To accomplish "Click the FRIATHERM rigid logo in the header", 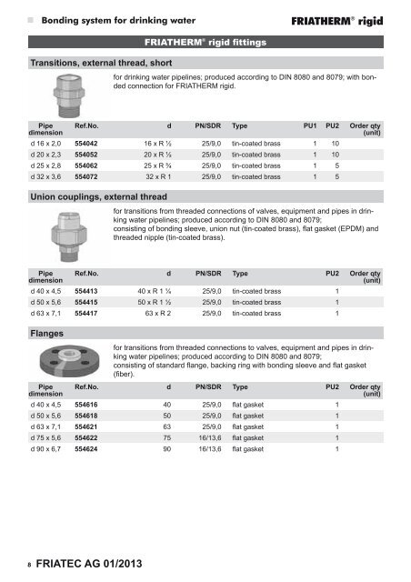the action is coord(350,17).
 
